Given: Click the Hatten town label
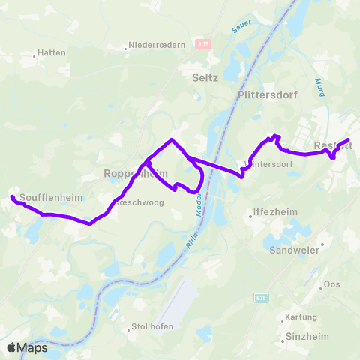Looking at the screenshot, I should (x=54, y=53).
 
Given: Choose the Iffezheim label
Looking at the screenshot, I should (x=276, y=212).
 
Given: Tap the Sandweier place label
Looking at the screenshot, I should (x=295, y=250).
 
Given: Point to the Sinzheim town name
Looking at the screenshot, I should (x=305, y=337).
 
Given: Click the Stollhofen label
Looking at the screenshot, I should (x=146, y=327).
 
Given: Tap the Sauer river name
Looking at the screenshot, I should (x=240, y=27).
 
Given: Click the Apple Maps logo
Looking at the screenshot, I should (x=28, y=347).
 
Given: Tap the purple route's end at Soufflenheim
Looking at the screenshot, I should (x=12, y=197).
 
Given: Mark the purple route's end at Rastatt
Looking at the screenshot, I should (x=349, y=140).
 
